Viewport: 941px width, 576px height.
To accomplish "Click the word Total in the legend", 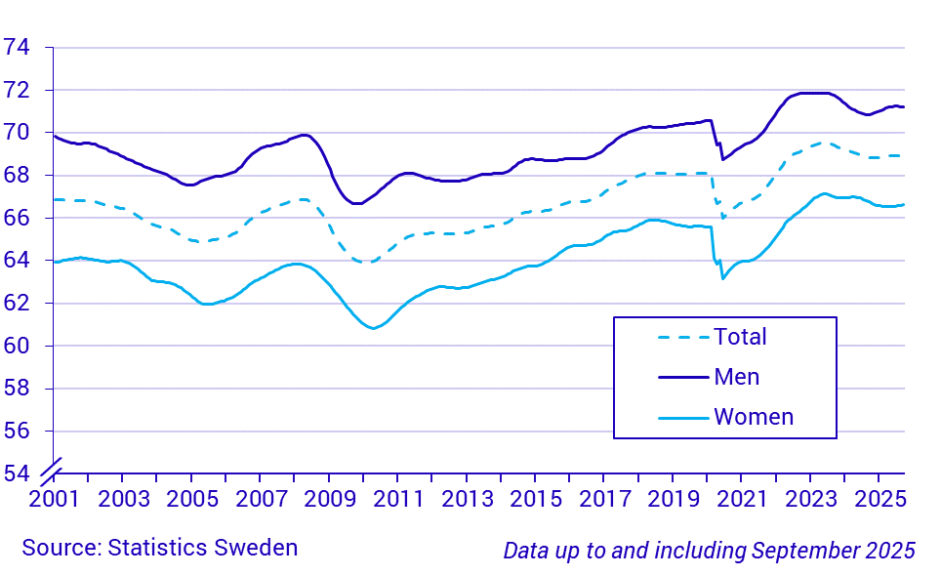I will pyautogui.click(x=740, y=337).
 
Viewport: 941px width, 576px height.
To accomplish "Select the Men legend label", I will pyautogui.click(x=736, y=377).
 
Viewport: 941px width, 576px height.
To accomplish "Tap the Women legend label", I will pyautogui.click(x=754, y=417).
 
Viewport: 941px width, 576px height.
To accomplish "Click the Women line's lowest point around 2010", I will pyautogui.click(x=373, y=328).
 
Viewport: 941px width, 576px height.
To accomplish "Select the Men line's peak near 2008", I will pyautogui.click(x=304, y=135).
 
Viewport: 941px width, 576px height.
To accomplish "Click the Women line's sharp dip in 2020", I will pyautogui.click(x=722, y=278).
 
